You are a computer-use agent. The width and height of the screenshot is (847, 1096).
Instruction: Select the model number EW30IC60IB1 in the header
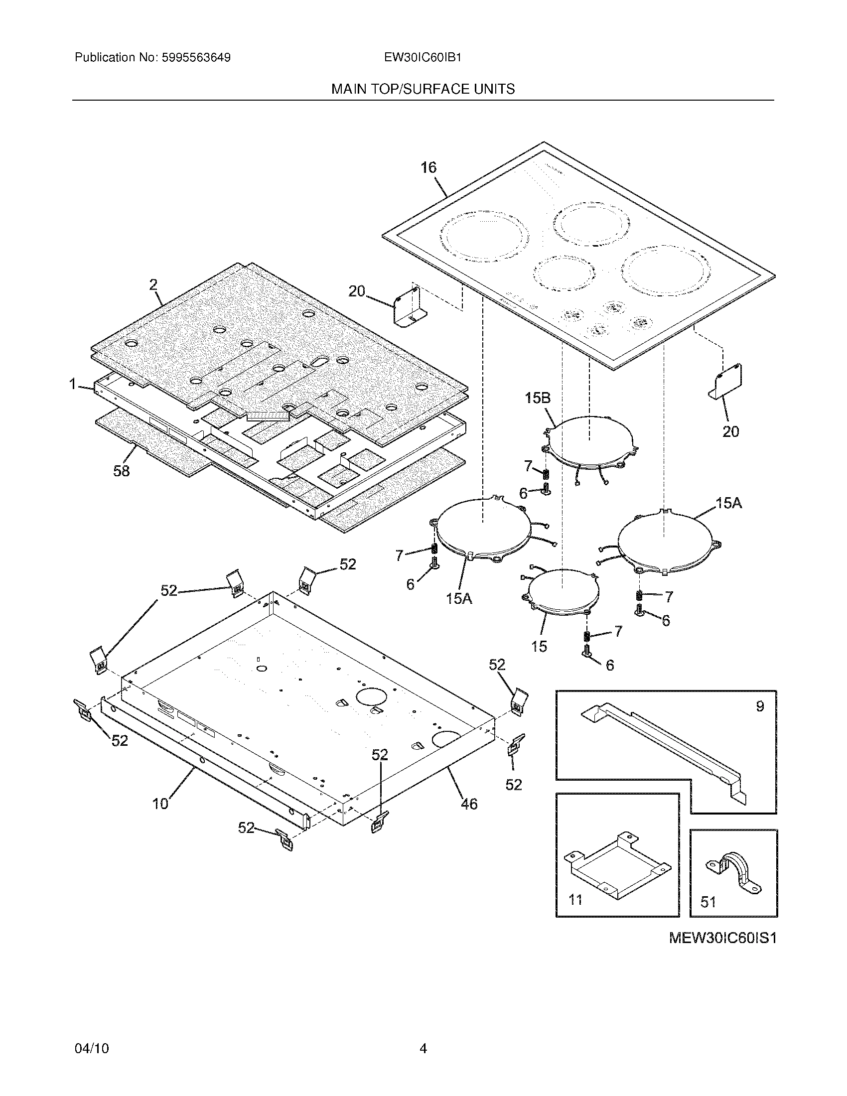(x=423, y=57)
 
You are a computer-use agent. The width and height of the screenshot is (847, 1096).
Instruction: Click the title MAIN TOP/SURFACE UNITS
(x=423, y=89)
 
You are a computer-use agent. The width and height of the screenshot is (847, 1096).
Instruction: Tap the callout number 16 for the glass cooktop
(x=428, y=167)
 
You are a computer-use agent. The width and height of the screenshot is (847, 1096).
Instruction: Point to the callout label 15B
(x=538, y=398)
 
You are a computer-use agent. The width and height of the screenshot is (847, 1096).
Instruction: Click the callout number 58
(x=122, y=471)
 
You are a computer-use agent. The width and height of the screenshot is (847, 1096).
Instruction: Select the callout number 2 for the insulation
(x=153, y=285)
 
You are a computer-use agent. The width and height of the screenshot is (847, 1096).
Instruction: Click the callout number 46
(x=469, y=805)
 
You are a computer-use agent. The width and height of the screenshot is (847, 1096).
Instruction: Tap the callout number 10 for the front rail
(x=160, y=804)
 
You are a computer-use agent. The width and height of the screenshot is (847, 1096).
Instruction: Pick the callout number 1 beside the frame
(x=73, y=385)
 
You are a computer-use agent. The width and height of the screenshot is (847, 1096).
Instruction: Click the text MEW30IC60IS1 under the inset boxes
(x=722, y=939)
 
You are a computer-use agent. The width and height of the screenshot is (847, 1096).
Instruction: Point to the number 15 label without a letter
(x=539, y=646)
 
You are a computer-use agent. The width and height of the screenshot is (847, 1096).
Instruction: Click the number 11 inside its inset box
(x=575, y=900)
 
